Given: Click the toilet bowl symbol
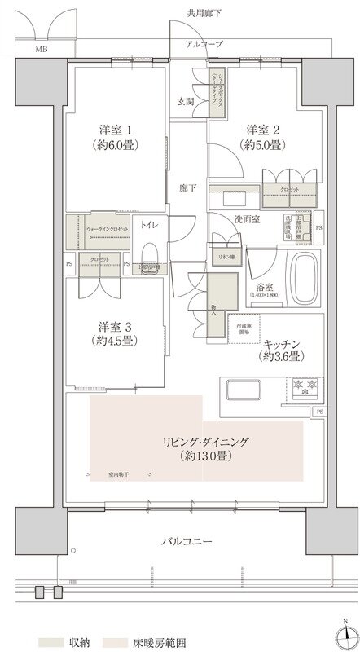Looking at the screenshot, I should tap(148, 251).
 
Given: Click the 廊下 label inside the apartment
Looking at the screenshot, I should tap(187, 189).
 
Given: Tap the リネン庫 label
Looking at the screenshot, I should tap(226, 257).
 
